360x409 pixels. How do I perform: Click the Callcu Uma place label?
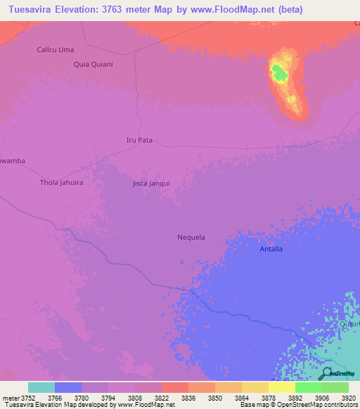pyautogui.click(x=55, y=50)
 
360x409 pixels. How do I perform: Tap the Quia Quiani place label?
pyautogui.click(x=93, y=64)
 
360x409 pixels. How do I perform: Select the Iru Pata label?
pyautogui.click(x=139, y=140)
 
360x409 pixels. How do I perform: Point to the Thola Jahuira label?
pyautogui.click(x=61, y=183)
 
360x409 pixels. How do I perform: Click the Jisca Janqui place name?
pyautogui.click(x=151, y=183)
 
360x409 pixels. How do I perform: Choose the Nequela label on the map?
pyautogui.click(x=191, y=237)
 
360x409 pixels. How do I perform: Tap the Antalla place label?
pyautogui.click(x=271, y=249)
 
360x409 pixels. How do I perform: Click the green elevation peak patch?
pyautogui.click(x=279, y=72)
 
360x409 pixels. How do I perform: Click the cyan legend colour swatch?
pyautogui.click(x=41, y=387)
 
